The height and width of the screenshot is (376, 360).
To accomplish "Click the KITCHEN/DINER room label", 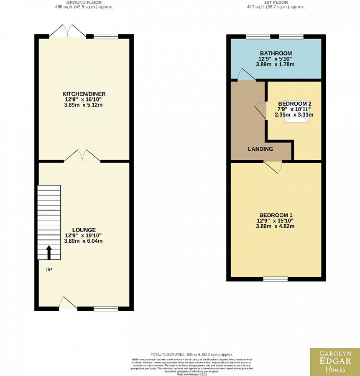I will pyautogui.click(x=84, y=94).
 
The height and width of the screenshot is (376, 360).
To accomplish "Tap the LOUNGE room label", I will pyautogui.click(x=84, y=230).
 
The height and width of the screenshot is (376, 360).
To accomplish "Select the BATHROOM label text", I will pyautogui.click(x=276, y=53).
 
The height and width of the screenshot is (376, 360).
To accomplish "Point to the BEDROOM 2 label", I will pyautogui.click(x=295, y=104).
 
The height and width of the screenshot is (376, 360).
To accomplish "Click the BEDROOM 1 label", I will pyautogui.click(x=276, y=215).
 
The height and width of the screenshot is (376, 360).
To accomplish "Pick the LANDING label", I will pyautogui.click(x=260, y=149).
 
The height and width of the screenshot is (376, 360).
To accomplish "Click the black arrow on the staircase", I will pyautogui.click(x=49, y=252).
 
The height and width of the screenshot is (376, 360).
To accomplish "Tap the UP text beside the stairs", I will pyautogui.click(x=49, y=269).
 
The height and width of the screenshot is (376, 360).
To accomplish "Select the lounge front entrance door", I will pyautogui.click(x=67, y=303).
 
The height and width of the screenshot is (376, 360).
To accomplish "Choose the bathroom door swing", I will pyautogui.click(x=247, y=75).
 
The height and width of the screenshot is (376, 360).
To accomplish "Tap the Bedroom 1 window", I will pyautogui.click(x=275, y=279).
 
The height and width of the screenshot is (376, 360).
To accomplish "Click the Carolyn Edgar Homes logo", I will pyautogui.click(x=335, y=362).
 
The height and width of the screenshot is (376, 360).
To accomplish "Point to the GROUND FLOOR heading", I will pyautogui.click(x=84, y=3).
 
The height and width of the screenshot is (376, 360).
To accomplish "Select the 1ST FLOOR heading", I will pyautogui.click(x=276, y=3).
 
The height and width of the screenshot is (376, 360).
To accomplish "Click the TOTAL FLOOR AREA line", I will pyautogui.click(x=191, y=354).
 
